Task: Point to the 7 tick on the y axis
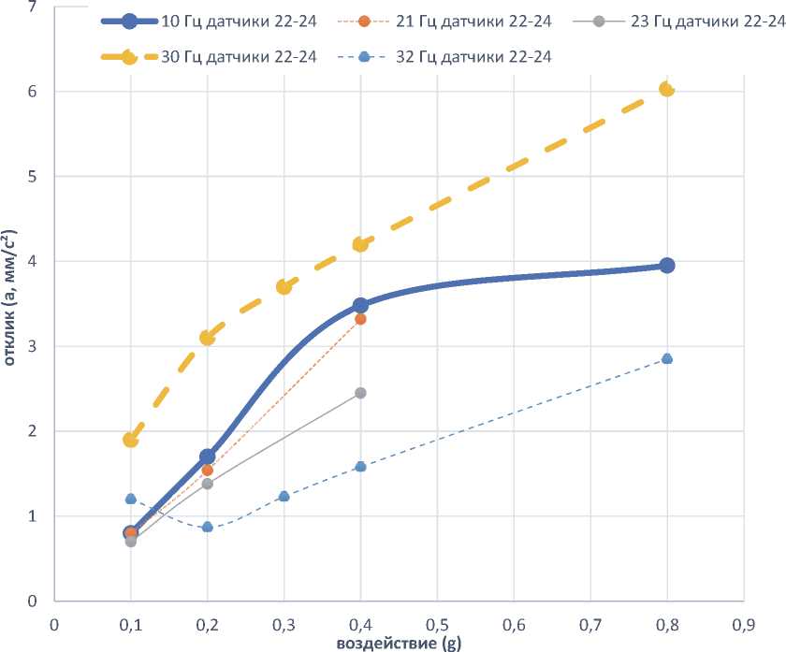(35, 7)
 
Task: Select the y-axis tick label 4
(35, 262)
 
